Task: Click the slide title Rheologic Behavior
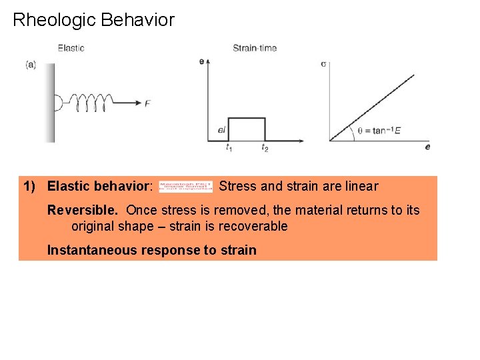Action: [93, 20]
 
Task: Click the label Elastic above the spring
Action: [71, 48]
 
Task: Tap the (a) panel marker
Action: [31, 65]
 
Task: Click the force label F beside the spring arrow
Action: [147, 103]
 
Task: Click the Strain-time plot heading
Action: [255, 48]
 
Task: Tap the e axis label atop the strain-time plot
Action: [201, 61]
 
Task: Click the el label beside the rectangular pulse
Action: [221, 129]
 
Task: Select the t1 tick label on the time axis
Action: [229, 147]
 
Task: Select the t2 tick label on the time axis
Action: [265, 147]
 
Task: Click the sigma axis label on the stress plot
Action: [323, 65]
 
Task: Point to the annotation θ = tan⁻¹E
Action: [379, 131]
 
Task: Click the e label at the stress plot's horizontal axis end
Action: [427, 146]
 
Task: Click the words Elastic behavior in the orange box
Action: [99, 187]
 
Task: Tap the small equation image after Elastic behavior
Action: [185, 187]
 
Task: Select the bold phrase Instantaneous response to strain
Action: [151, 251]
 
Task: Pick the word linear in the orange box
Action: [361, 187]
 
